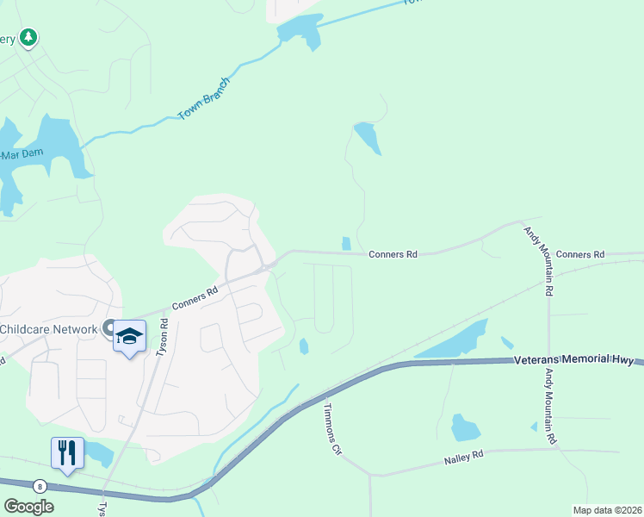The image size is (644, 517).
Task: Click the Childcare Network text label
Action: [48, 329]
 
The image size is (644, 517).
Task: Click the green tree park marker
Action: [29, 37]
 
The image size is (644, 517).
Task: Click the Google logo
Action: [28, 507]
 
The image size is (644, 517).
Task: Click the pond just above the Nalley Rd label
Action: [464, 427]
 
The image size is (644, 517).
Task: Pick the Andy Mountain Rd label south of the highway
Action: [548, 407]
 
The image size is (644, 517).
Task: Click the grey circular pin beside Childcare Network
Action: [109, 327]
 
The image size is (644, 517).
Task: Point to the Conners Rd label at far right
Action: [580, 254]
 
